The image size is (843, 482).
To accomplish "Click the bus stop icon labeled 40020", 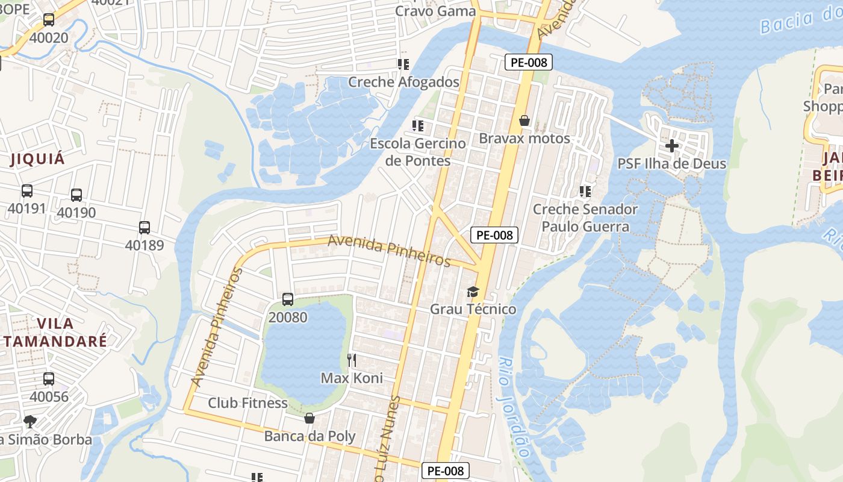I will tap(49, 20).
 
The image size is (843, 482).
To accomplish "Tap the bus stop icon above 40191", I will tap(27, 191).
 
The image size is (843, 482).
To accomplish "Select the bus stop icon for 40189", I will tap(145, 228).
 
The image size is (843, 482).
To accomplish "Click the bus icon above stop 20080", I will tap(288, 299).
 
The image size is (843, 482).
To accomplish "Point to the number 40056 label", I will tap(49, 396).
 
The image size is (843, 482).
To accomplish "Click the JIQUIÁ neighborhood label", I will tap(37, 160).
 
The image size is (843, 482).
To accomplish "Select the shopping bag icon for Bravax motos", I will tap(524, 121).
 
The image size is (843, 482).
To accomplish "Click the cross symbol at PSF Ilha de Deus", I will tap(672, 146).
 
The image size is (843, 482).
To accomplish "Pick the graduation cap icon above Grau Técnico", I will tap(473, 292).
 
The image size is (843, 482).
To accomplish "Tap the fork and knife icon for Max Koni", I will tap(352, 360).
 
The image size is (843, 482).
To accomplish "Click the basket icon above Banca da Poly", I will tap(310, 418).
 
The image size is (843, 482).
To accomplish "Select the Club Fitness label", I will tap(247, 402).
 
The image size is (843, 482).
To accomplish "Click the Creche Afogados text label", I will tap(403, 82).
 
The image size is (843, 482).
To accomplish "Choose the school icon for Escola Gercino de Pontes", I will tap(418, 126).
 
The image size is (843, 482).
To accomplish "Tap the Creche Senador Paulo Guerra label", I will tap(585, 218).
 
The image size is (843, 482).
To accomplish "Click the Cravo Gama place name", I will tap(435, 11).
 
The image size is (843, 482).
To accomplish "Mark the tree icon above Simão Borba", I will tap(30, 421).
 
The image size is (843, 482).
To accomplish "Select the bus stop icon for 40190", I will tap(76, 195).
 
